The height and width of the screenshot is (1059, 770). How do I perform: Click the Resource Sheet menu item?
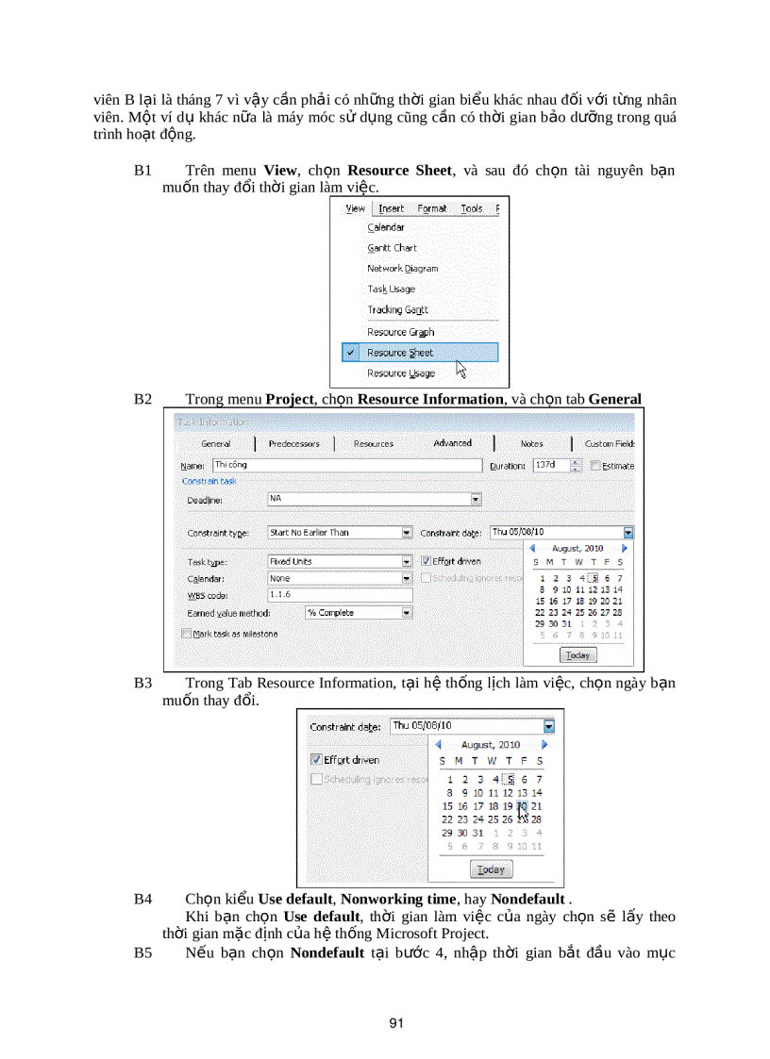(x=400, y=353)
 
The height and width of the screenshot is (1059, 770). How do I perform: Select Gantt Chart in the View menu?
(x=392, y=248)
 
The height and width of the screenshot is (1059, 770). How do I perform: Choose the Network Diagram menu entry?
(x=402, y=269)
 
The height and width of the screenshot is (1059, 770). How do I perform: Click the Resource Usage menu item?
(x=400, y=373)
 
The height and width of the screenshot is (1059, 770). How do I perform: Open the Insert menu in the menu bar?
(x=391, y=208)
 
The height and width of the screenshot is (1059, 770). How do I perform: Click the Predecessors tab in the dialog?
(x=293, y=443)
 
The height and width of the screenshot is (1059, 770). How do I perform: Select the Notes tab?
(x=531, y=443)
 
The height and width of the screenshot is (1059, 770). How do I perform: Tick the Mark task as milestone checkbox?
(x=187, y=634)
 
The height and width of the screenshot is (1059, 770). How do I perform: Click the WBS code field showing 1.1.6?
(x=339, y=595)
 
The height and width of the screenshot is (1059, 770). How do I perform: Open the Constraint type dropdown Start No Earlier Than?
(x=407, y=533)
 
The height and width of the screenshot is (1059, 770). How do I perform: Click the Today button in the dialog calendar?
(x=577, y=655)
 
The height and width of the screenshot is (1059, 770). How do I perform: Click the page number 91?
(x=396, y=1022)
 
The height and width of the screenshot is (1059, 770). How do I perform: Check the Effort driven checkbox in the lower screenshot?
(x=316, y=759)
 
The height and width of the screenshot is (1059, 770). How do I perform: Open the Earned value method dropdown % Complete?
(x=407, y=613)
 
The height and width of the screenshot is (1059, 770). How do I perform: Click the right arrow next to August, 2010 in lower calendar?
(x=545, y=744)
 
